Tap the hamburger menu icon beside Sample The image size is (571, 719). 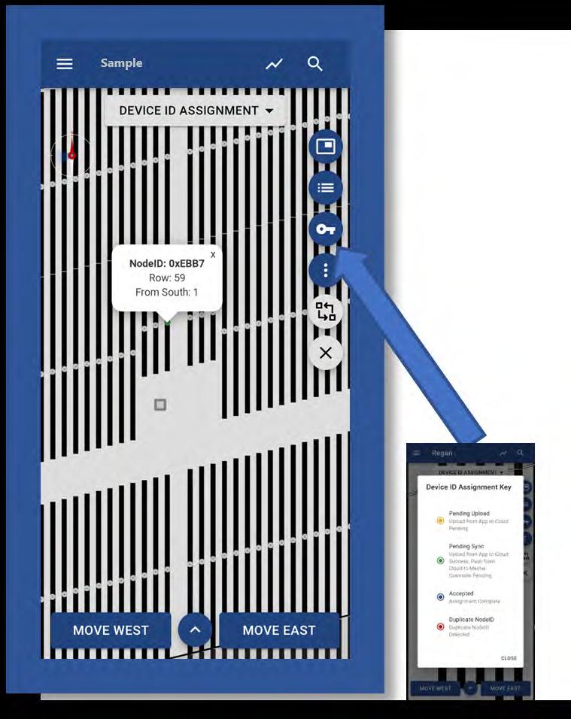[65, 64]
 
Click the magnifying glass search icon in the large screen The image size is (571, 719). [315, 64]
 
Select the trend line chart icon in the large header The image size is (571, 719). [274, 64]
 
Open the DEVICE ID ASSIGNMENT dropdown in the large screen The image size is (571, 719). [196, 111]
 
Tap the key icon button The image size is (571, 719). [326, 229]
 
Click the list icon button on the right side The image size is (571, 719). [326, 187]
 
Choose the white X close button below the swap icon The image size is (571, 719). [326, 353]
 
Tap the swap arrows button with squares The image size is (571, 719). [326, 311]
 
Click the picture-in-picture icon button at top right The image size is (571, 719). [326, 146]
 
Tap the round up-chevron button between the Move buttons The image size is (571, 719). [195, 630]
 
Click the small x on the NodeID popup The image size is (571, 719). [213, 255]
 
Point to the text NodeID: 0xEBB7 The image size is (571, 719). [167, 263]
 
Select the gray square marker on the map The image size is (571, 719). [159, 405]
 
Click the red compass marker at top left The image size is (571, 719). [71, 156]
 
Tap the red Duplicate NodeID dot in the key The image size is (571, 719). [440, 626]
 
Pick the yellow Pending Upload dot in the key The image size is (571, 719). [440, 520]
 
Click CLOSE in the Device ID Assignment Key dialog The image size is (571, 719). [509, 658]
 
